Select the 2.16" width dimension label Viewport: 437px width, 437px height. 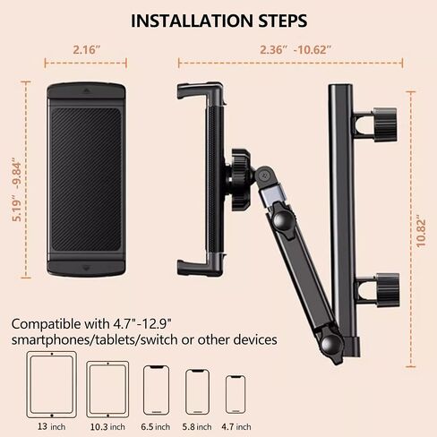[87, 49]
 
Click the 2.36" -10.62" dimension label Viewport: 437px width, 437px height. [296, 49]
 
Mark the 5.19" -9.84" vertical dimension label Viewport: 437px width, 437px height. [17, 192]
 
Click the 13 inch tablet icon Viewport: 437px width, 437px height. [52, 385]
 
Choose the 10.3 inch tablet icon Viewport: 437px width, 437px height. [107, 390]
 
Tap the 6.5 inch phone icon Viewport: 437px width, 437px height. [156, 390]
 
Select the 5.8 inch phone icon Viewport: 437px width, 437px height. [197, 392]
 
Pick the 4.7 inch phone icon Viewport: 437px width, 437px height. [236, 394]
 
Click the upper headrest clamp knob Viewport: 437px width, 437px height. [385, 124]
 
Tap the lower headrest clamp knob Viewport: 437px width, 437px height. [387, 290]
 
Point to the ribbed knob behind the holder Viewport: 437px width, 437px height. [241, 180]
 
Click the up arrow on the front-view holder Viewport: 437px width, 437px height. [86, 90]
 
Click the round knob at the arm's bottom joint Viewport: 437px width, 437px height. [331, 347]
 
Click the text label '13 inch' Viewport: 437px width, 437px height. [51, 427]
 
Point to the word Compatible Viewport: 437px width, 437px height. [46, 324]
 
